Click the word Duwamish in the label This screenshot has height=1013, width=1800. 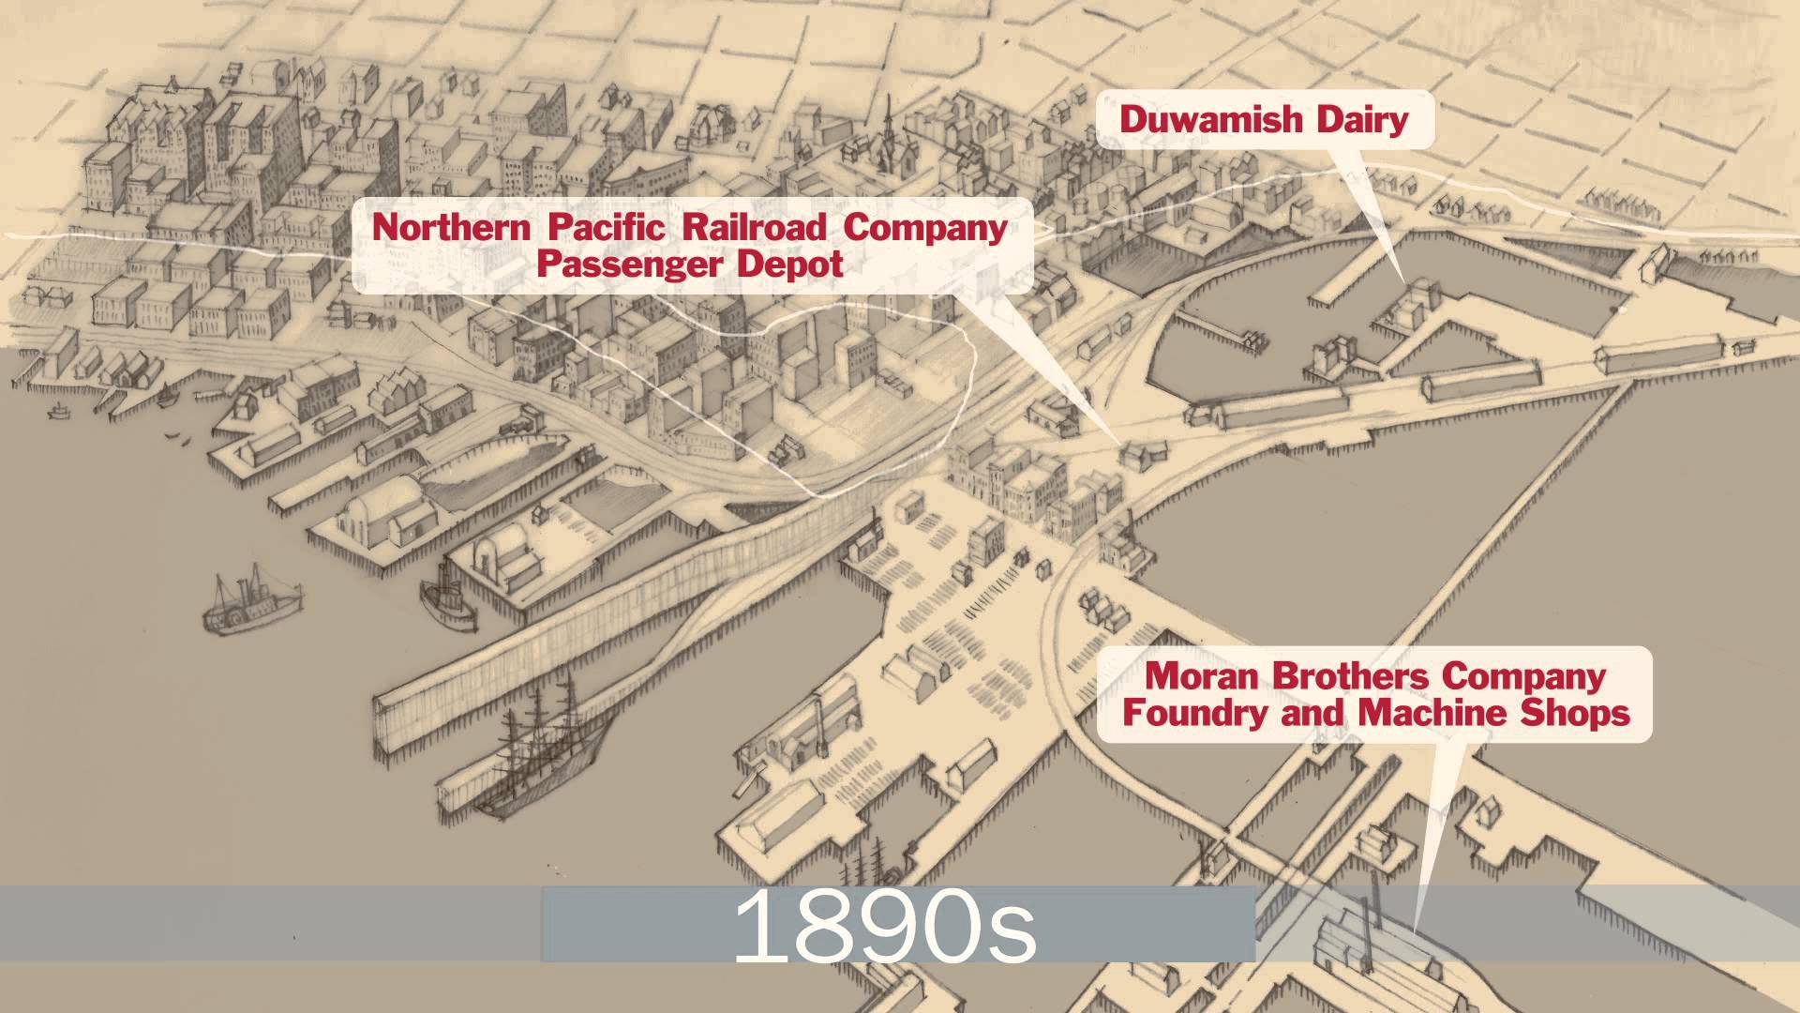[x=1211, y=120]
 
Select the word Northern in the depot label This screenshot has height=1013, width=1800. [x=451, y=227]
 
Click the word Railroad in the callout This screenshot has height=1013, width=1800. [x=754, y=227]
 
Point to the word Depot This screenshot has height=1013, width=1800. [x=789, y=265]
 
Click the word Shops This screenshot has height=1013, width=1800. [x=1575, y=713]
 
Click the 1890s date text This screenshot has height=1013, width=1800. [x=884, y=927]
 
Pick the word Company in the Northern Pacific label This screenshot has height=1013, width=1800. [x=924, y=227]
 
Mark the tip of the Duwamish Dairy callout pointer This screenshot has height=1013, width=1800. [x=1403, y=281]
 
